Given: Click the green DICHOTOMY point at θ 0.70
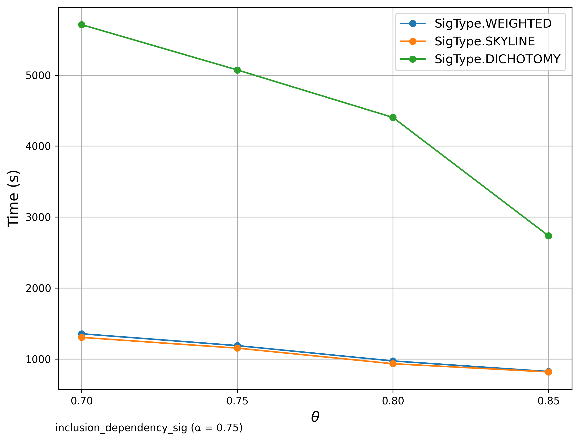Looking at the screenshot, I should (82, 25).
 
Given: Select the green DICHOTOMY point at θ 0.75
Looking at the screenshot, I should (237, 70).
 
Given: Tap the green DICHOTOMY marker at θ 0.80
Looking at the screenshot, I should (393, 118).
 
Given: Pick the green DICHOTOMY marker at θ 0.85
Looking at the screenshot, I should (548, 236).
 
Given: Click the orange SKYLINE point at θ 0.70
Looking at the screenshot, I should (82, 338).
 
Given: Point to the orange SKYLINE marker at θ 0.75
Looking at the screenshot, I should (237, 348).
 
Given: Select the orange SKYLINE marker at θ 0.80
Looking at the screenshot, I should (393, 364).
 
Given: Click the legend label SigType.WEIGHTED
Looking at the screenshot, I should (493, 24).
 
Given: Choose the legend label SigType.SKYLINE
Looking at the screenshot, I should (485, 41).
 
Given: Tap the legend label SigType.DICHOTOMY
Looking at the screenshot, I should (498, 59).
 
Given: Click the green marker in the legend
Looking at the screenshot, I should (412, 59).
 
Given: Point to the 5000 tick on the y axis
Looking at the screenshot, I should (38, 76).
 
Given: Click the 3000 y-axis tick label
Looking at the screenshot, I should (38, 217).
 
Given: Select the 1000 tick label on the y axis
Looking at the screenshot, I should (38, 359).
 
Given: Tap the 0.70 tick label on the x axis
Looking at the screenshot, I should (82, 401).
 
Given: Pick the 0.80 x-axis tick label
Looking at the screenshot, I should (393, 401).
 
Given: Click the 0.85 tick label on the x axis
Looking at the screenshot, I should (548, 401).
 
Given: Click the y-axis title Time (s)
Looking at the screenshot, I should (13, 198).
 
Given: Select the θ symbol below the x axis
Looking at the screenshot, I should (315, 417).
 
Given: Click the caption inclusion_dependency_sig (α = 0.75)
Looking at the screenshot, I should (149, 428).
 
